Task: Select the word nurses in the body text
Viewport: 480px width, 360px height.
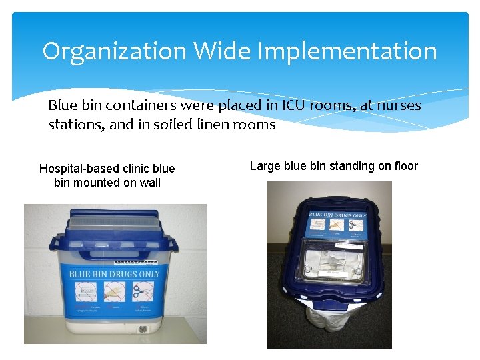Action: [x=393, y=105]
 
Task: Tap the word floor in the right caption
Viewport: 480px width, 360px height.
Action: [x=403, y=166]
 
